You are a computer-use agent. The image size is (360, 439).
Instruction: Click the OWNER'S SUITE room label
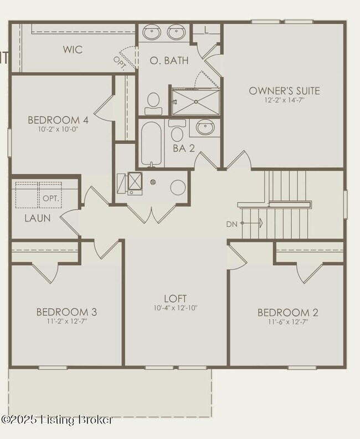click(284, 91)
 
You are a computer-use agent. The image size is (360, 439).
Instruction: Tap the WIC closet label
click(73, 50)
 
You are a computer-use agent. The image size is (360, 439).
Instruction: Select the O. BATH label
click(169, 60)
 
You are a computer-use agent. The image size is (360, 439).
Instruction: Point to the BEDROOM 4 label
click(58, 120)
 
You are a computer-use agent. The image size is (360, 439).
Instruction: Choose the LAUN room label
click(37, 218)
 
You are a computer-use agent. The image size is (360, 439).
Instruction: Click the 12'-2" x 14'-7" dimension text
click(284, 101)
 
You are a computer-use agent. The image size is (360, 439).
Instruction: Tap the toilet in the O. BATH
click(153, 102)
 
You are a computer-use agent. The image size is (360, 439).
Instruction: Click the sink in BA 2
click(205, 129)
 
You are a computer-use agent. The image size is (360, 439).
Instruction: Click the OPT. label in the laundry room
click(52, 198)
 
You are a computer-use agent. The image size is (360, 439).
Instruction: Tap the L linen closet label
click(206, 30)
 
